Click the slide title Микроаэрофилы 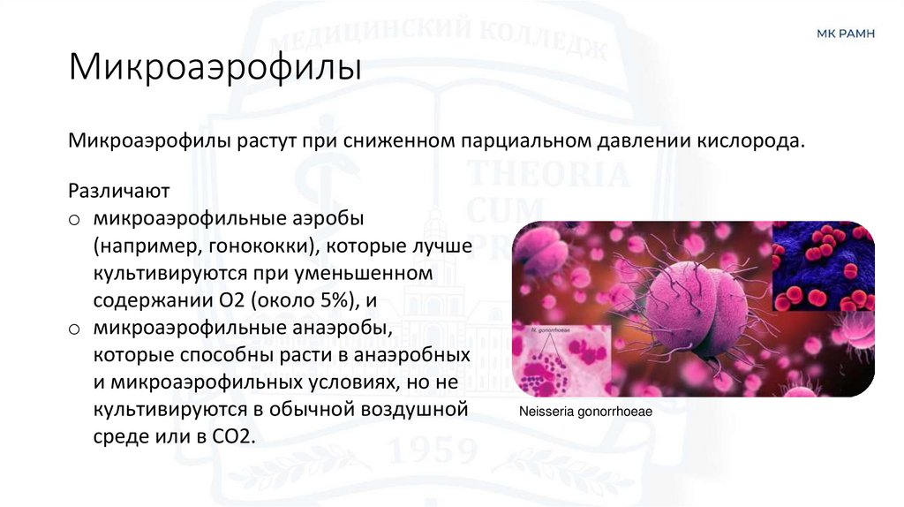(215, 68)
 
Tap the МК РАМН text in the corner (846, 34)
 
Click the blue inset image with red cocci (822, 267)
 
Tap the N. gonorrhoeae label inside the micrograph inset (550, 330)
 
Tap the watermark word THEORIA (546, 175)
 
